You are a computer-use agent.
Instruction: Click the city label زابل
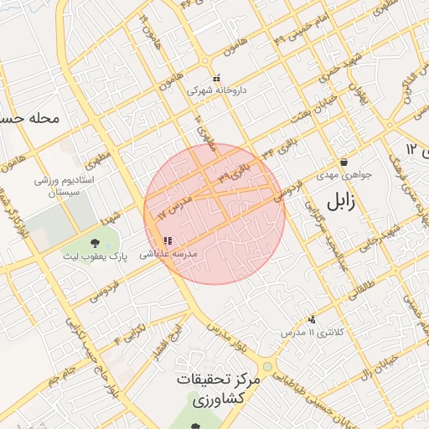tap(342, 202)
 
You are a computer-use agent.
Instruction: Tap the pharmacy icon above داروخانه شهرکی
tap(216, 78)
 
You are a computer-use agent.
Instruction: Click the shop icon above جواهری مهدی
tap(344, 163)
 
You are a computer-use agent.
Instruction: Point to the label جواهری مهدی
tap(337, 176)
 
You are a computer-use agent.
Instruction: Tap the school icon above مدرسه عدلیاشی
tap(166, 241)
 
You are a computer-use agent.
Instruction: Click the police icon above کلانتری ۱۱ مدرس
tap(312, 319)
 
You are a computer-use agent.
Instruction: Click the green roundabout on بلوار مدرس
tap(267, 366)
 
